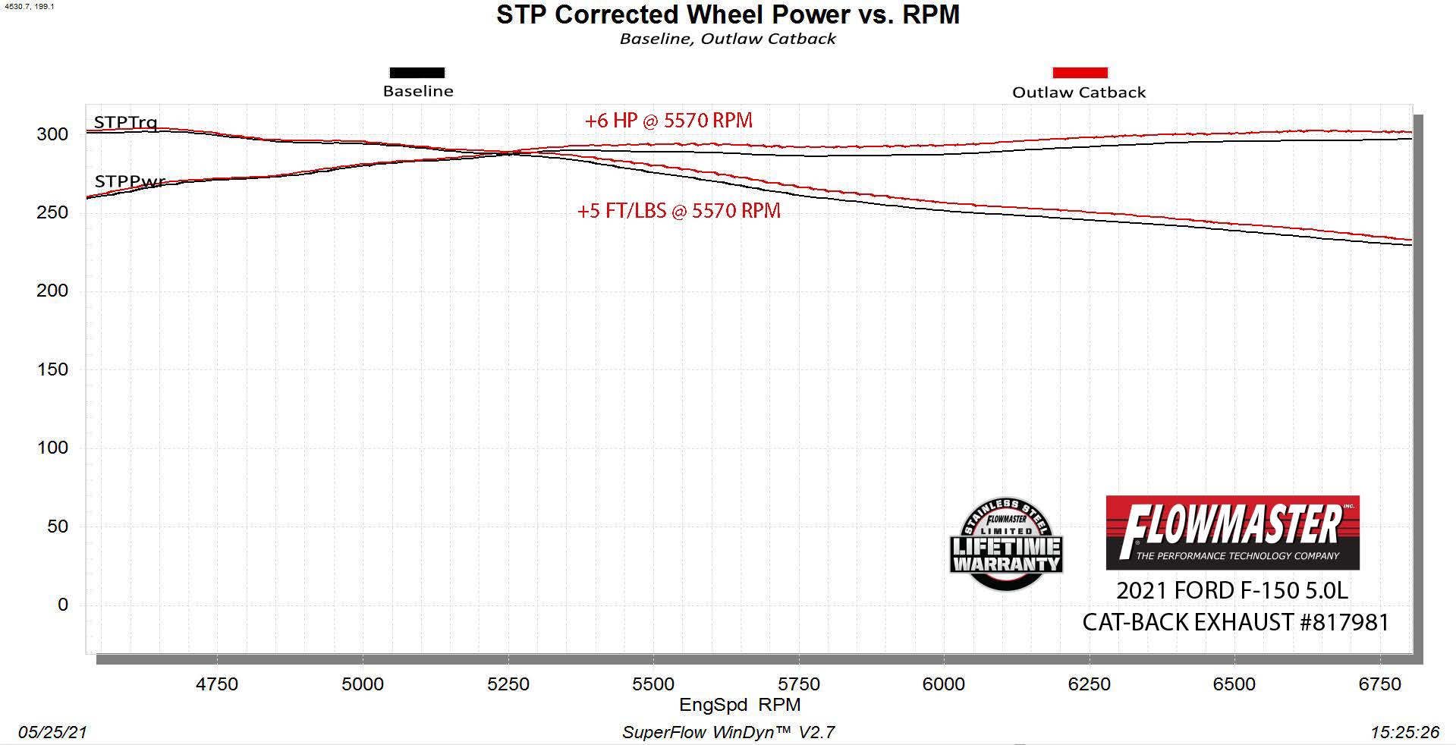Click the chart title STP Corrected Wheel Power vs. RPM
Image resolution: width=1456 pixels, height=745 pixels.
pos(728,14)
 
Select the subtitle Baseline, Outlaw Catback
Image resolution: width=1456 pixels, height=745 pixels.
pos(728,39)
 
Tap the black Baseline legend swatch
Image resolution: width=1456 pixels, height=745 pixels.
pos(417,73)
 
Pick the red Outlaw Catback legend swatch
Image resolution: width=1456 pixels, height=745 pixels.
pos(1080,73)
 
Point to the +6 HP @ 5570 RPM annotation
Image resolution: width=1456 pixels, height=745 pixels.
pos(668,121)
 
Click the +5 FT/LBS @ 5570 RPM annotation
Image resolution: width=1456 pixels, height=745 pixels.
pos(679,211)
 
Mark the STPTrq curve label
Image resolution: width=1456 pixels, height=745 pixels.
pos(126,122)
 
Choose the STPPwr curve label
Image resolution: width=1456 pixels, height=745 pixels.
pos(130,181)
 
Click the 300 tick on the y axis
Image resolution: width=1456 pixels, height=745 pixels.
pos(52,134)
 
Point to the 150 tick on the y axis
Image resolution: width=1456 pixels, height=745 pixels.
pos(52,369)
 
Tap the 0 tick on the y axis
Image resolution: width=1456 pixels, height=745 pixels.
pos(63,605)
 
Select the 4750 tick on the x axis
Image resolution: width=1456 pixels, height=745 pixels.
pos(217,684)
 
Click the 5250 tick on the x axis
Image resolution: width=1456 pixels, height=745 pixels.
pos(508,684)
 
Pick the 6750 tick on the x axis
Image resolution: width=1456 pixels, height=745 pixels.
pos(1379,684)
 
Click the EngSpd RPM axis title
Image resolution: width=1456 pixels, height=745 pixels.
pos(740,705)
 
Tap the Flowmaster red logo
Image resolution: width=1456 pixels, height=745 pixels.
pos(1232,533)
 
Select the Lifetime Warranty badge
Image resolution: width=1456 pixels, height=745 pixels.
pos(1006,545)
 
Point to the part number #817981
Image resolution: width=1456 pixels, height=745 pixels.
pos(1344,623)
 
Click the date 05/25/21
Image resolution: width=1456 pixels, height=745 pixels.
pos(53,732)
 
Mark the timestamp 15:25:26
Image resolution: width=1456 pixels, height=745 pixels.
pos(1404,732)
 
